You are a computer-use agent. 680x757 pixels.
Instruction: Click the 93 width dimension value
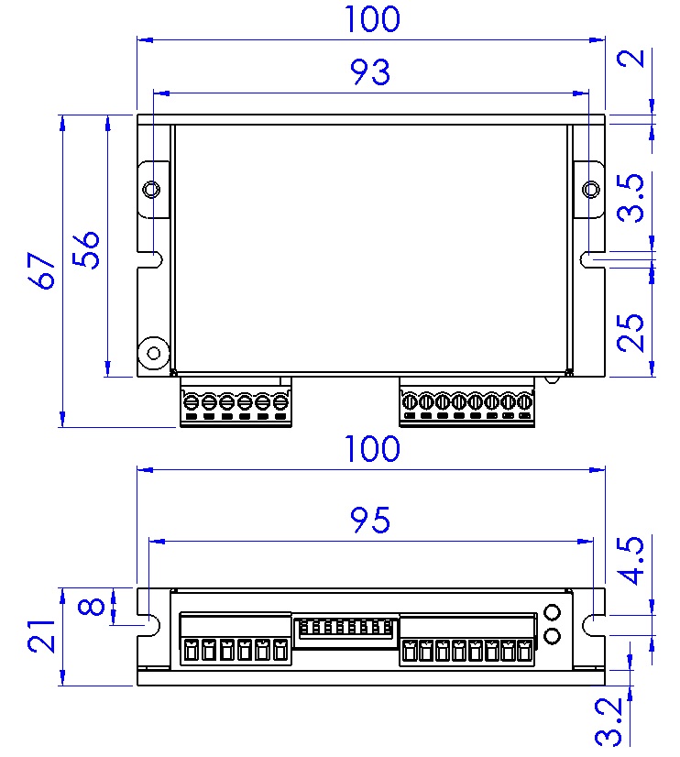[x=370, y=72]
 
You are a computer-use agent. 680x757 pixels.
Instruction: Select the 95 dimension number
[x=370, y=521]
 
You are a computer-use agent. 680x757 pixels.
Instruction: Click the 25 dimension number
[x=631, y=333]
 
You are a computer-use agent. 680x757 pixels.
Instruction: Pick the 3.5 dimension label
[x=631, y=200]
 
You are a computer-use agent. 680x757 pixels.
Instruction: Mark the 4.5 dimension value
[x=631, y=561]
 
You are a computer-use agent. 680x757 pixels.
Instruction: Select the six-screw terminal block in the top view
[x=236, y=402]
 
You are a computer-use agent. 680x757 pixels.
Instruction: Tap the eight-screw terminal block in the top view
[x=467, y=402]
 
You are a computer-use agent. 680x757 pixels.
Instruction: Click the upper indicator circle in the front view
[x=553, y=613]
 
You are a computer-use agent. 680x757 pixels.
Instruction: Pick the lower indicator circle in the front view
[x=553, y=636]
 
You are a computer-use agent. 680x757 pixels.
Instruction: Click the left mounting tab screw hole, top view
[x=152, y=190]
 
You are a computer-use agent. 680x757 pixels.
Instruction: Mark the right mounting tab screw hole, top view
[x=591, y=190]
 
